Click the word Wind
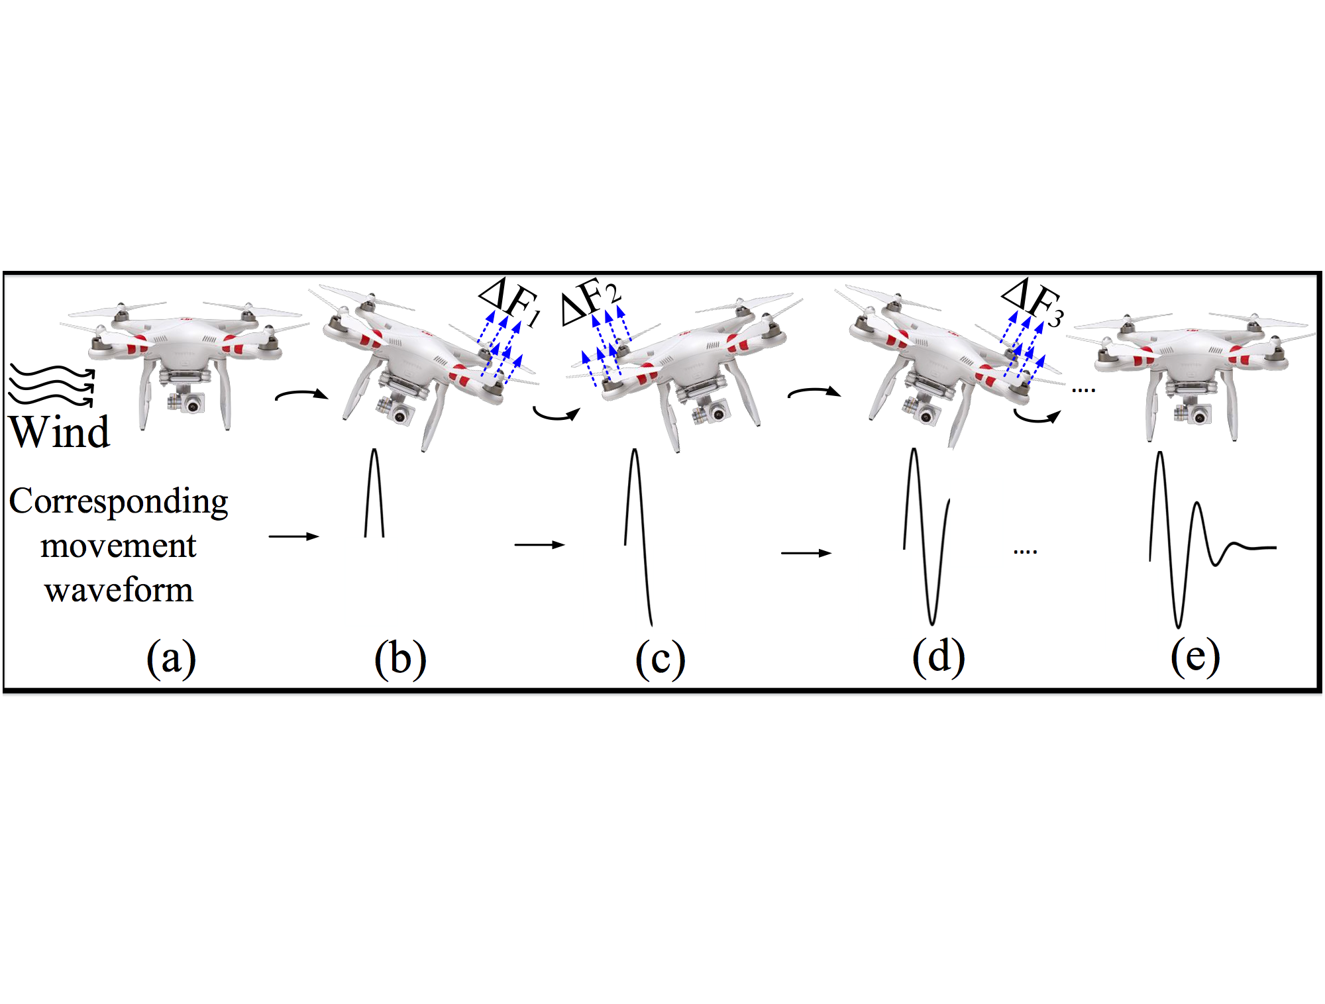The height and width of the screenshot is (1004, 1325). tap(60, 432)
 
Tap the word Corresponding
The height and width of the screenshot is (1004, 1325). tap(119, 502)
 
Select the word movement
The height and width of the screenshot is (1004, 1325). tap(118, 546)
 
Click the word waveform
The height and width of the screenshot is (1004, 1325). tap(119, 589)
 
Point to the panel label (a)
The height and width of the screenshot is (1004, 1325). tap(171, 658)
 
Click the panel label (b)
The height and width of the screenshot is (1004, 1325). tap(400, 658)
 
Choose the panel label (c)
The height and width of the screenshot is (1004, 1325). tap(660, 658)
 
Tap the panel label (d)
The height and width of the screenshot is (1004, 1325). tap(938, 657)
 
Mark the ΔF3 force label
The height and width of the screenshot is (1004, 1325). tap(1032, 301)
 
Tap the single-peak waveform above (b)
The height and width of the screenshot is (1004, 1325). tap(374, 493)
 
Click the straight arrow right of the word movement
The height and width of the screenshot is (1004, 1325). tap(293, 536)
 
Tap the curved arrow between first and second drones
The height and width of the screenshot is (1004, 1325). tap(301, 395)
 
